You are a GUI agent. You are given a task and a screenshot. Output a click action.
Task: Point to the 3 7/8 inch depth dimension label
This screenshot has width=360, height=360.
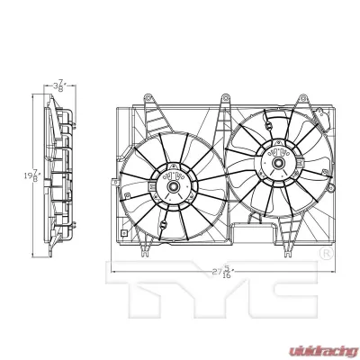[x=59, y=86]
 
